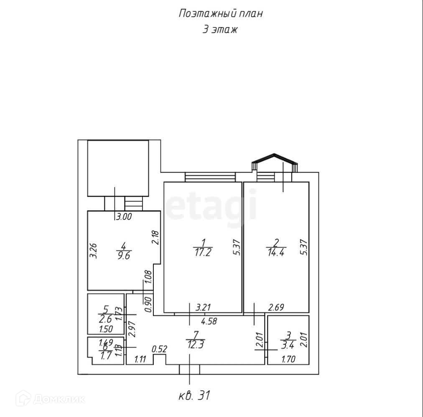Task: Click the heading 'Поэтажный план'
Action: click(221, 13)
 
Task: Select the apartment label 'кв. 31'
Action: click(194, 395)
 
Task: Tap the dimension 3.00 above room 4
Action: click(124, 217)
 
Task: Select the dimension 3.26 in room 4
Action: click(94, 251)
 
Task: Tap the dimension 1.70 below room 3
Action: click(288, 358)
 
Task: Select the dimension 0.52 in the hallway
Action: click(160, 348)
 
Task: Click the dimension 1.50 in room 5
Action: click(106, 329)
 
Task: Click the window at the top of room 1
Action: click(210, 177)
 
